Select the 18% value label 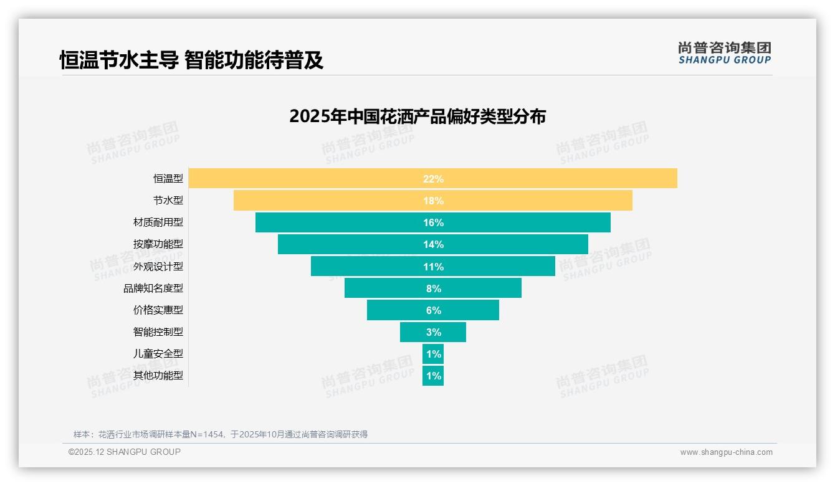pos(433,201)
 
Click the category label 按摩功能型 pos(158,244)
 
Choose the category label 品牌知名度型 pos(153,288)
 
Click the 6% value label pos(433,310)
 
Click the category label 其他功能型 pos(158,376)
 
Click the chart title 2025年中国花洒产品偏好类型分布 pos(417,117)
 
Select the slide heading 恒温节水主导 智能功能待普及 pos(191,60)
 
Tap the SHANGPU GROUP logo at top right pos(724,53)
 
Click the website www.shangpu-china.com pos(726,452)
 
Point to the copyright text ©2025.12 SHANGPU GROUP pos(125,452)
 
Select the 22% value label pos(433,179)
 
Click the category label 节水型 pos(168,201)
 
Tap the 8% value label pos(433,288)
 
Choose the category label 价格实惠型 pos(158,310)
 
